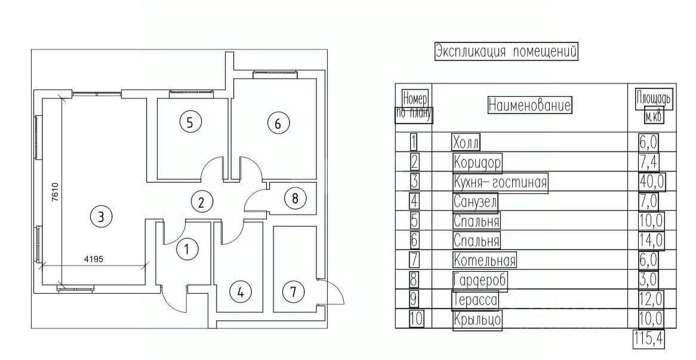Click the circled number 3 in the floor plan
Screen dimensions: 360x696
pyautogui.click(x=101, y=216)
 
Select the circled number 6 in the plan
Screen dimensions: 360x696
pyautogui.click(x=278, y=124)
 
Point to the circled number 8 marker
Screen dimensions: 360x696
pyautogui.click(x=294, y=198)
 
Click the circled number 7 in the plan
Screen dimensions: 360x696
pyautogui.click(x=292, y=292)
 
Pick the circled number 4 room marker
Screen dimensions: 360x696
pyautogui.click(x=241, y=292)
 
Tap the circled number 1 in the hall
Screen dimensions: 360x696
pyautogui.click(x=187, y=249)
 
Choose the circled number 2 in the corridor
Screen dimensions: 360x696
pyautogui.click(x=202, y=202)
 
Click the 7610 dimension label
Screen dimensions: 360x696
pyautogui.click(x=54, y=193)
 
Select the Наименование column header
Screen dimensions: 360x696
pyautogui.click(x=529, y=106)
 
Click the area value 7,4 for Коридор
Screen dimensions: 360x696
pyautogui.click(x=648, y=162)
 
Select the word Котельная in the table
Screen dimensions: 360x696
pyautogui.click(x=484, y=260)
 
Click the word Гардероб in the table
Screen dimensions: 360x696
pyautogui.click(x=479, y=280)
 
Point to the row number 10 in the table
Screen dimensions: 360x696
pyautogui.click(x=416, y=319)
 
